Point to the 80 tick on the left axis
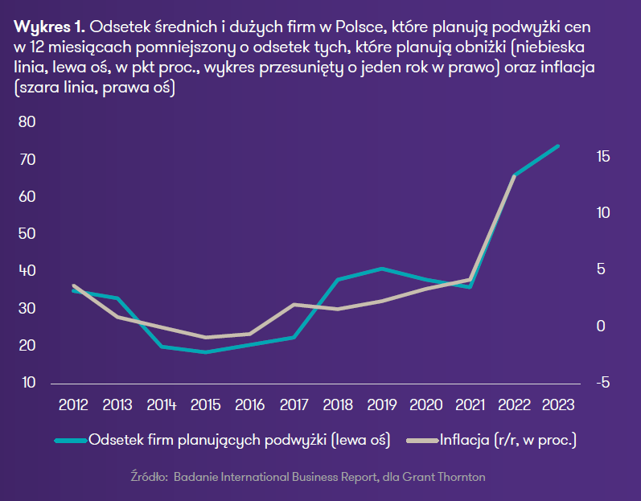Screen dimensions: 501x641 (x=27, y=122)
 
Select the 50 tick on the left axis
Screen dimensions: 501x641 (x=27, y=234)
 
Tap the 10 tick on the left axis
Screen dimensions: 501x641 (x=27, y=383)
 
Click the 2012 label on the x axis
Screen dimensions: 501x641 (x=74, y=404)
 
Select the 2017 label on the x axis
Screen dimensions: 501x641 (x=294, y=404)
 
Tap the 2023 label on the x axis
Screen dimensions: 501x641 (x=558, y=404)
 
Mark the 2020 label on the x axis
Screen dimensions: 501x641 (x=425, y=404)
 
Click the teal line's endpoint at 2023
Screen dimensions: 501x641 (x=557, y=146)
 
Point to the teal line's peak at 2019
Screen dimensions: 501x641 (x=382, y=269)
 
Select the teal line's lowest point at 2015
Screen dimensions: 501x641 (x=206, y=352)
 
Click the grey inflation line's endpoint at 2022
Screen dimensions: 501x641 (x=514, y=175)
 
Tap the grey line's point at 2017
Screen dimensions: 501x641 (x=294, y=305)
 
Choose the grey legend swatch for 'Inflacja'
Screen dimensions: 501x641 (x=423, y=441)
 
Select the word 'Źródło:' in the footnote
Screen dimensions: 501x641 (x=148, y=477)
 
